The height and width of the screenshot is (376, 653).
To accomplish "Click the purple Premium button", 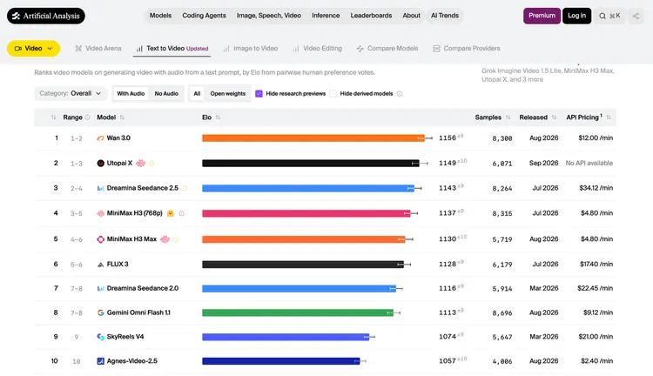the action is [x=542, y=16].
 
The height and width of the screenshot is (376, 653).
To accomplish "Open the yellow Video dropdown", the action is [x=33, y=48].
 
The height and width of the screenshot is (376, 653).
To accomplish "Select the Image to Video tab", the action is [x=250, y=48].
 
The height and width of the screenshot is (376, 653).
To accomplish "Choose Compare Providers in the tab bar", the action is [x=467, y=48].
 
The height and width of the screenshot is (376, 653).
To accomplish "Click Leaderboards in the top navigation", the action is [x=371, y=16].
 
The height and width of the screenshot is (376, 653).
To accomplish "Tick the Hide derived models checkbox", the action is [x=333, y=94].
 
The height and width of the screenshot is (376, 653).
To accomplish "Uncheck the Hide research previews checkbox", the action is [x=259, y=94].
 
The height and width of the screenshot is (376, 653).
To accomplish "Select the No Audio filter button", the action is [x=166, y=94].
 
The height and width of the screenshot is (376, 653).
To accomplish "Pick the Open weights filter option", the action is [x=228, y=94].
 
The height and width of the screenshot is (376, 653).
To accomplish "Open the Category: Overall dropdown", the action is [x=71, y=94].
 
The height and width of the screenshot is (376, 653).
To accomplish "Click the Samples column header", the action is [x=488, y=117].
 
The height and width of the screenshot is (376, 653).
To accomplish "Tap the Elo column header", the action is [x=206, y=117].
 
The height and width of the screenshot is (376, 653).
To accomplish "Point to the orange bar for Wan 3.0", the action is [x=313, y=138].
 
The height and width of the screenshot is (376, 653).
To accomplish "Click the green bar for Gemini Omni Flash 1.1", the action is [x=298, y=312].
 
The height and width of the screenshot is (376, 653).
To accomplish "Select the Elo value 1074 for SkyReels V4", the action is [x=448, y=337].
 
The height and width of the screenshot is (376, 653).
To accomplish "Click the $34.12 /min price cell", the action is [x=596, y=188].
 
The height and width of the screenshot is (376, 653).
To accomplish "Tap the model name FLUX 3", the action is [x=118, y=265].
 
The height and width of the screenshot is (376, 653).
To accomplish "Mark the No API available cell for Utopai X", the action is [x=589, y=164].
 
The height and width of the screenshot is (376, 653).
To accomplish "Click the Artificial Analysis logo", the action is [x=46, y=16].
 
